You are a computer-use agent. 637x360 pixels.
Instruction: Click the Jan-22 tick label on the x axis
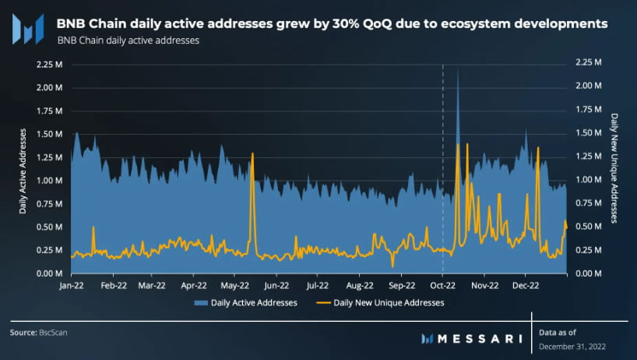72,286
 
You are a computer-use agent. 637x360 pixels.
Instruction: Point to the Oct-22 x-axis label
443,286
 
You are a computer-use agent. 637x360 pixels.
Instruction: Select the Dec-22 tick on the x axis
526,286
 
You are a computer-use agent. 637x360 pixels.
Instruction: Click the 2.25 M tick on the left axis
49,64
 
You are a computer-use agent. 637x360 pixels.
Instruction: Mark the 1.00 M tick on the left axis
49,181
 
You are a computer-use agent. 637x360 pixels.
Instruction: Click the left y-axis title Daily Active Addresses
23,169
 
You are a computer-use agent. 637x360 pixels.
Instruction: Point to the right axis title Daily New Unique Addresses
614,169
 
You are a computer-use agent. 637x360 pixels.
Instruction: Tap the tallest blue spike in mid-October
457,70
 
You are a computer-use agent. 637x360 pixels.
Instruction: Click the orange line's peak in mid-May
252,154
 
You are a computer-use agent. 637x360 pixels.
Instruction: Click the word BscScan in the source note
54,333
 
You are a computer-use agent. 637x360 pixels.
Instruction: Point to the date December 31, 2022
572,345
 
